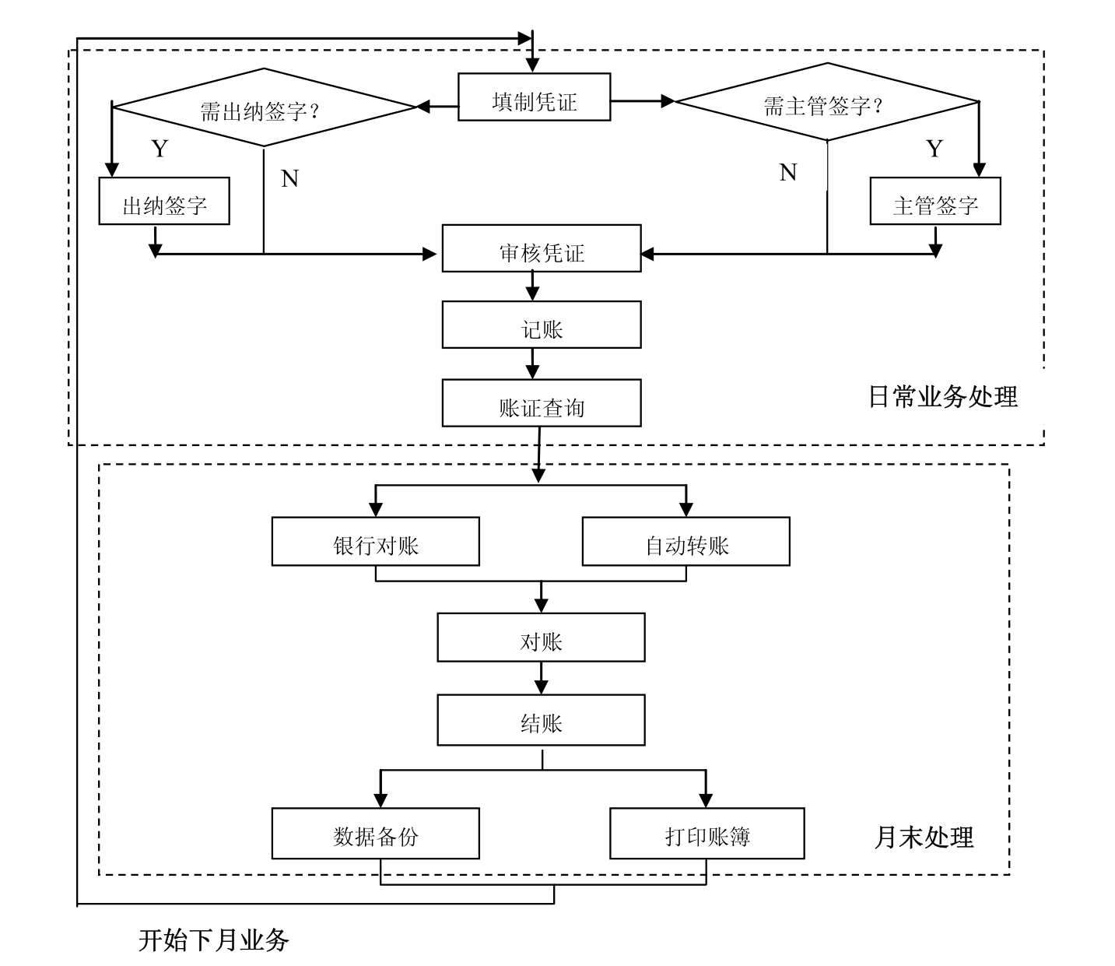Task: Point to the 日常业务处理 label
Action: pos(942,397)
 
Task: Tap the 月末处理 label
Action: pos(924,838)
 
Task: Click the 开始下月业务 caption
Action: pos(213,940)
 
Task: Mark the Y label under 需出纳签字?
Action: pos(160,149)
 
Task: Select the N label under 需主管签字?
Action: pos(788,172)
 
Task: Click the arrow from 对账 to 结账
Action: pos(542,678)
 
